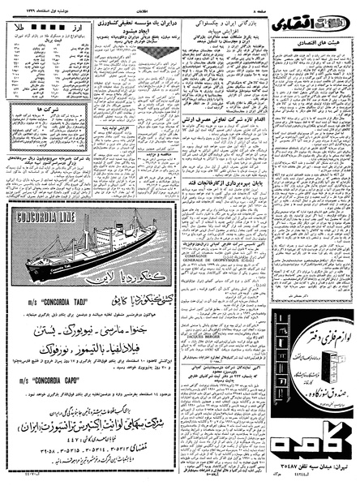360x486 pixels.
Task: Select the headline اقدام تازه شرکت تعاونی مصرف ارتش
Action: coord(230,129)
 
